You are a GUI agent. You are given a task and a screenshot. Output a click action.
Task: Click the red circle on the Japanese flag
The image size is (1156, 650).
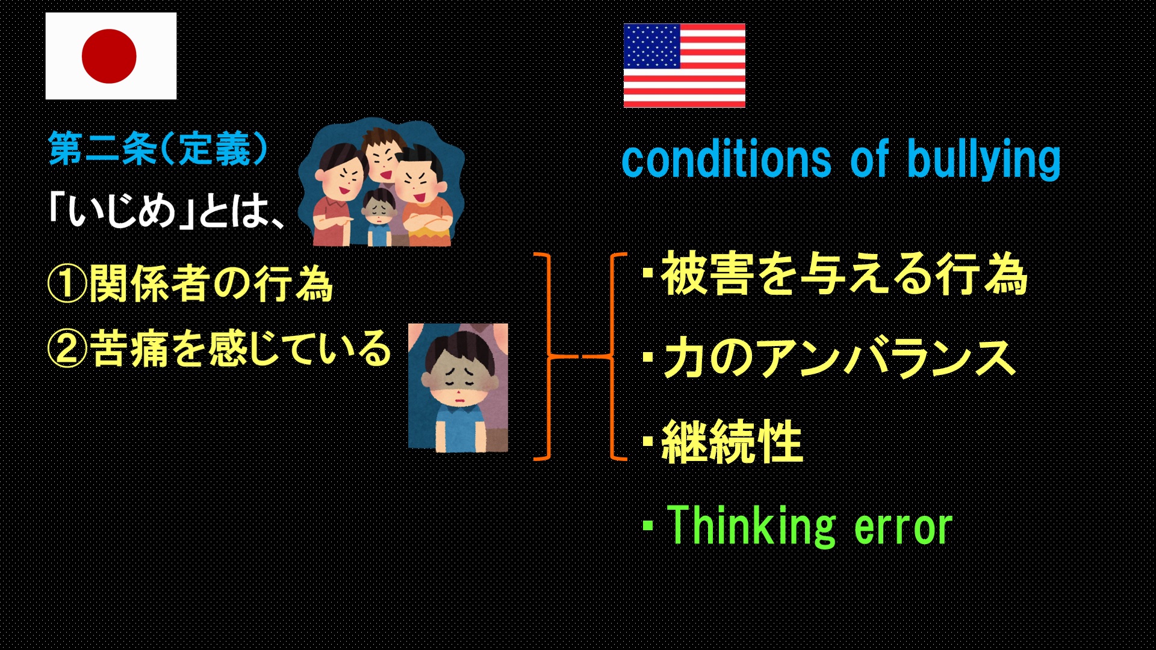pyautogui.click(x=109, y=56)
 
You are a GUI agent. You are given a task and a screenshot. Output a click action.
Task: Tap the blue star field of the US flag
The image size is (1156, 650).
pyautogui.click(x=652, y=46)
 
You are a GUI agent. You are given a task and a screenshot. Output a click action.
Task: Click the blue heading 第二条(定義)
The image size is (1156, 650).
pyautogui.click(x=158, y=149)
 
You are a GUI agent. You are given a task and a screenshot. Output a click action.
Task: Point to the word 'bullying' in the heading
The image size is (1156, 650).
pyautogui.click(x=984, y=159)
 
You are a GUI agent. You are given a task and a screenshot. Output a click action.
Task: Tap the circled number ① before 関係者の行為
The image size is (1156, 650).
pyautogui.click(x=67, y=284)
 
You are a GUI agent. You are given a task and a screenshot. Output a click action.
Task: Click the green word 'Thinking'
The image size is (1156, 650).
pyautogui.click(x=751, y=526)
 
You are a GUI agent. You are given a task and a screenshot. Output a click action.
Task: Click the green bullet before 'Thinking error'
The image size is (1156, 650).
pyautogui.click(x=648, y=525)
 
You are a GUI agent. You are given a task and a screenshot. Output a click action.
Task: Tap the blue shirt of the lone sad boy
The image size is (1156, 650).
pyautogui.click(x=459, y=427)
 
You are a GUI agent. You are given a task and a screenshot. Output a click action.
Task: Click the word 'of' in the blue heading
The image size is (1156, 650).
pyautogui.click(x=869, y=159)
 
